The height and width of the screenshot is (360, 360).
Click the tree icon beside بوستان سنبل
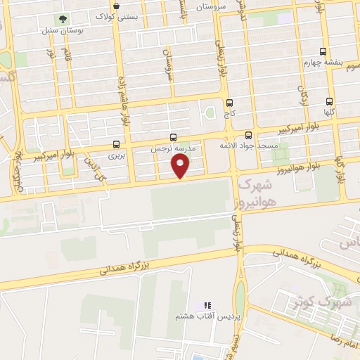click(63, 19)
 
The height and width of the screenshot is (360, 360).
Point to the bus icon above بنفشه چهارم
click(323, 51)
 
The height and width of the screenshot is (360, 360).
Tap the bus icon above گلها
click(330, 101)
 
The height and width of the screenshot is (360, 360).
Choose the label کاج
click(229, 112)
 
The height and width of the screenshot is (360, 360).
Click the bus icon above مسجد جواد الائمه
click(248, 135)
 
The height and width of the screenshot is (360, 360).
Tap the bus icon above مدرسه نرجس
click(174, 138)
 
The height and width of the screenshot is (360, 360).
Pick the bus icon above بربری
click(116, 144)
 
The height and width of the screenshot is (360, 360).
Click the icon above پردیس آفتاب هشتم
click(207, 305)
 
